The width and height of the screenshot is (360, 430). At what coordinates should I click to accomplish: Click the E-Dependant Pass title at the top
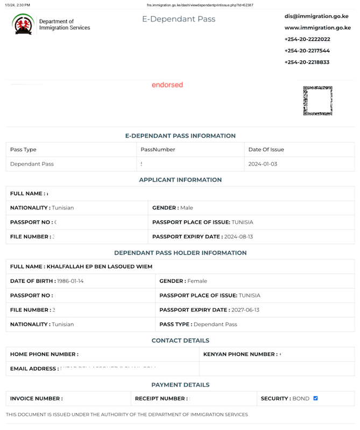[x=179, y=19]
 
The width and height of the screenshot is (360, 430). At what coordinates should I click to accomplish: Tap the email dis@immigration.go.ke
[x=316, y=16]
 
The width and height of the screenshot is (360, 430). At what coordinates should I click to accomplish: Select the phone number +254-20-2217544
[x=307, y=51]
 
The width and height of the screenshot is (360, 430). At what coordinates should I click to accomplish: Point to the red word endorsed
[x=167, y=85]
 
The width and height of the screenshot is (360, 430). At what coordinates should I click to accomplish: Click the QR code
[x=317, y=101]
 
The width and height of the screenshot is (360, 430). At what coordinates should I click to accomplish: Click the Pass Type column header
[x=23, y=149]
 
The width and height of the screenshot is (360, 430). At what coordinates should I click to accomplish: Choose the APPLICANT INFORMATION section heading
[x=180, y=180]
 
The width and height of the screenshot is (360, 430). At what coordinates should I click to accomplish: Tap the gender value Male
[x=187, y=207]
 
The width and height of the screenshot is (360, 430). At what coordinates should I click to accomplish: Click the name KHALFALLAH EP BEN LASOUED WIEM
[x=100, y=267]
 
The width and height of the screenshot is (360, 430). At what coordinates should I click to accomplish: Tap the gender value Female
[x=197, y=281]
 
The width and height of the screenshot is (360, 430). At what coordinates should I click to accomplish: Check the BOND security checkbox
[x=316, y=398]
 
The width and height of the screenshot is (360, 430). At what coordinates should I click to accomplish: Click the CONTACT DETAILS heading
[x=180, y=341]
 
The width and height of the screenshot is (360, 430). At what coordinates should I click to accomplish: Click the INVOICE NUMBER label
[x=36, y=399]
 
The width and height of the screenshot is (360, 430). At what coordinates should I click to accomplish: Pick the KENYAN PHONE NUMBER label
[x=240, y=354]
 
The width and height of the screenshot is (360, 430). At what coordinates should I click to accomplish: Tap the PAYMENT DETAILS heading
[x=180, y=385]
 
